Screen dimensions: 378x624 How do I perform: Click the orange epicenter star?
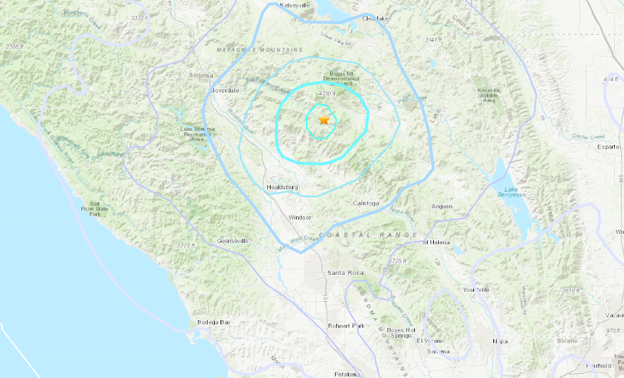coord(324,120)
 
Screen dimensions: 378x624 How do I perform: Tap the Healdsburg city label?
coord(283,187)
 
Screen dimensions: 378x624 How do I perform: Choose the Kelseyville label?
coord(296,5)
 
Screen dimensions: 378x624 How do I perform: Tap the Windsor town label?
coord(300,218)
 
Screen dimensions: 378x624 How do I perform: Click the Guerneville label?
coord(232,241)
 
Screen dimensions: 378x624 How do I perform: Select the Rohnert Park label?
coord(346,326)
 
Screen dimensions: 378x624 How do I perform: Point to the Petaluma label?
coord(346,373)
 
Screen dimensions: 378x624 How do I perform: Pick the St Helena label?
coord(436,242)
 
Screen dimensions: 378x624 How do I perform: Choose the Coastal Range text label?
coord(368,235)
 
